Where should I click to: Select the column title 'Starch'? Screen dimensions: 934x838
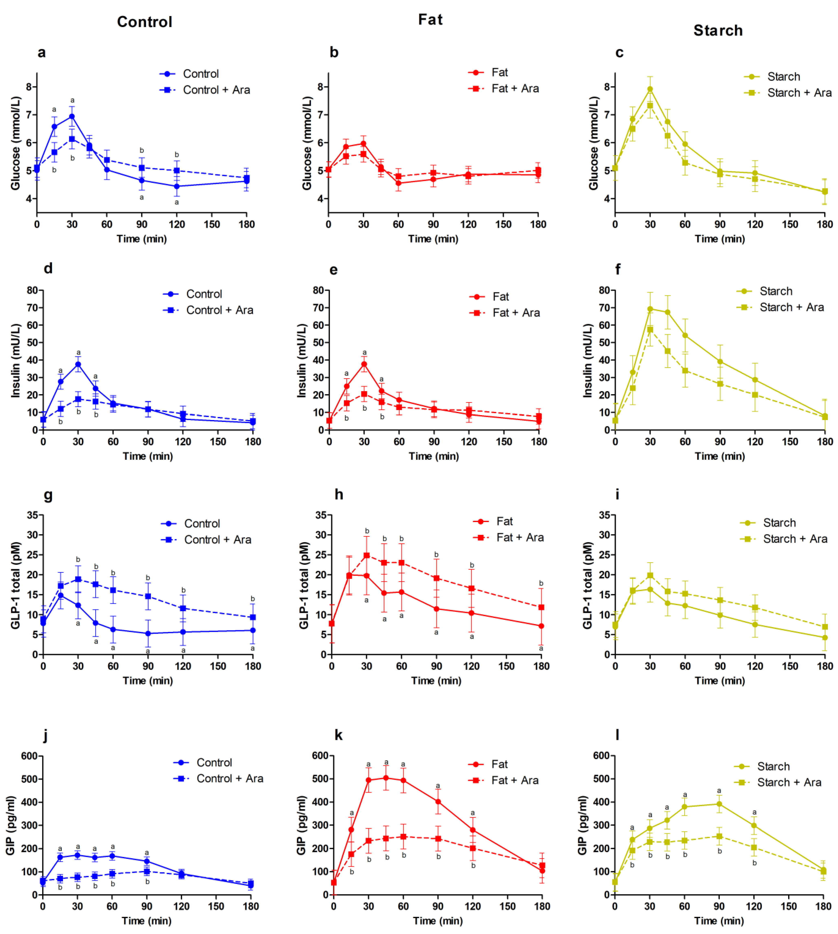718,30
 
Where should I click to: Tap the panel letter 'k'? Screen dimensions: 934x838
338,735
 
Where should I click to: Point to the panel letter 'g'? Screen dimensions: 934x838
48,495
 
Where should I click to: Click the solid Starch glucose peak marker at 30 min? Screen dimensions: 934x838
650,89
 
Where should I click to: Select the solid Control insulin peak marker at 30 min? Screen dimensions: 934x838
78,364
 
